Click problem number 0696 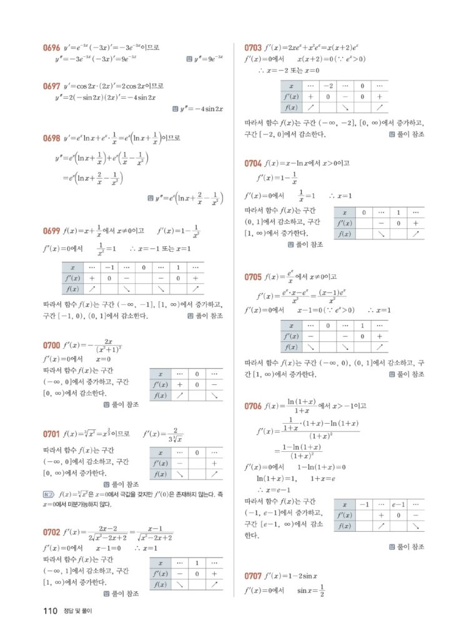(51, 47)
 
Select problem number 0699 (51, 231)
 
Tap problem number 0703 (253, 47)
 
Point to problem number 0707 (253, 576)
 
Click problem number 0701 (51, 434)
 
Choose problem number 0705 (253, 276)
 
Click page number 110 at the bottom (51, 611)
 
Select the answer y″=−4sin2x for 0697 (202, 109)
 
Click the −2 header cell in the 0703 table (328, 86)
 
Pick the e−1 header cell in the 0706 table (398, 504)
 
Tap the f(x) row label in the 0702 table (160, 584)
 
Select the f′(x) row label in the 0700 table (160, 384)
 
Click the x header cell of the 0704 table (345, 212)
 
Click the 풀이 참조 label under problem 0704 (309, 244)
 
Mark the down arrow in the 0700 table (214, 396)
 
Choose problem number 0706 (253, 406)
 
